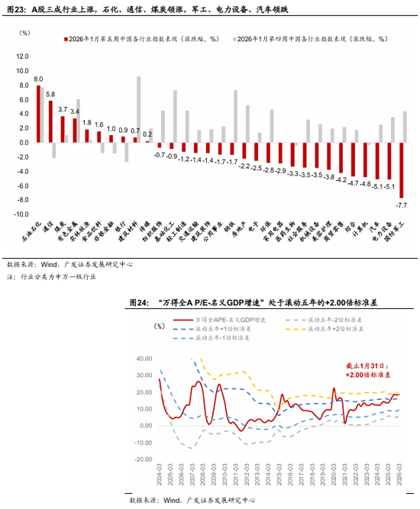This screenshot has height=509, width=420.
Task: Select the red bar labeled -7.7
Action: (x=402, y=170)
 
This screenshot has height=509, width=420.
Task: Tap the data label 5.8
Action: (x=50, y=94)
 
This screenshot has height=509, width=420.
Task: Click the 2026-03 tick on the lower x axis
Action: (x=399, y=477)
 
